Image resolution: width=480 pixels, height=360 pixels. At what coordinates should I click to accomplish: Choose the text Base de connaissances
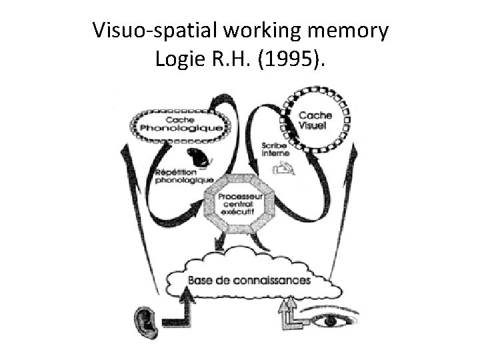pyautogui.click(x=249, y=280)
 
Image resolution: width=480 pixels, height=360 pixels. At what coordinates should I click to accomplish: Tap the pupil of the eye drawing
pyautogui.click(x=330, y=321)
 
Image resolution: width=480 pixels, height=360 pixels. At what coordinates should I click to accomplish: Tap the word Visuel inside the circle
pyautogui.click(x=311, y=125)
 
